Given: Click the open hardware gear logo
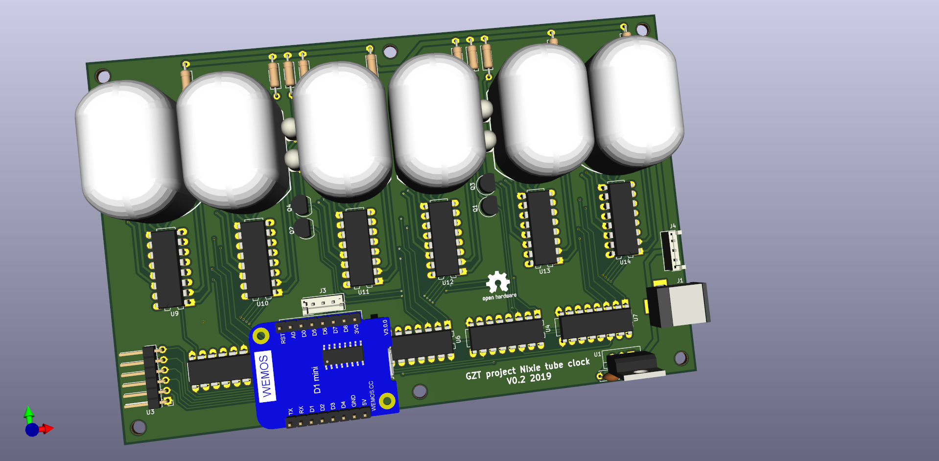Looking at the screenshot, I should pyautogui.click(x=497, y=283).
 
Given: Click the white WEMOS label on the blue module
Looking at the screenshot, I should pyautogui.click(x=265, y=376).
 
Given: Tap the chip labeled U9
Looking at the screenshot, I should pyautogui.click(x=168, y=268).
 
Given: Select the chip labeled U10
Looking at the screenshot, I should pyautogui.click(x=257, y=259).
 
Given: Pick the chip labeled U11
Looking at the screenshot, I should pyautogui.click(x=359, y=248).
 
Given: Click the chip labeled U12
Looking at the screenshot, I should pyautogui.click(x=444, y=238).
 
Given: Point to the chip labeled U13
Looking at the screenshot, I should pyautogui.click(x=541, y=228).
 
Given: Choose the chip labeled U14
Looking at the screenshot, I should pyautogui.click(x=623, y=218).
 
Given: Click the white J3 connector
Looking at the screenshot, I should pyautogui.click(x=323, y=304).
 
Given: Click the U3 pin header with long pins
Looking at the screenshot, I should pyautogui.click(x=147, y=377).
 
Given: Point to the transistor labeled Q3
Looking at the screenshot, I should pyautogui.click(x=487, y=184).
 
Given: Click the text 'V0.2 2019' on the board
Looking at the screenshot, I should pyautogui.click(x=528, y=379).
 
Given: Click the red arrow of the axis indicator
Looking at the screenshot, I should pyautogui.click(x=47, y=429).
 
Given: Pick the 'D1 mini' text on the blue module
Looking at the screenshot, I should pyautogui.click(x=316, y=380).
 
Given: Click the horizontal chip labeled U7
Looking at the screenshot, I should pyautogui.click(x=595, y=324).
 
